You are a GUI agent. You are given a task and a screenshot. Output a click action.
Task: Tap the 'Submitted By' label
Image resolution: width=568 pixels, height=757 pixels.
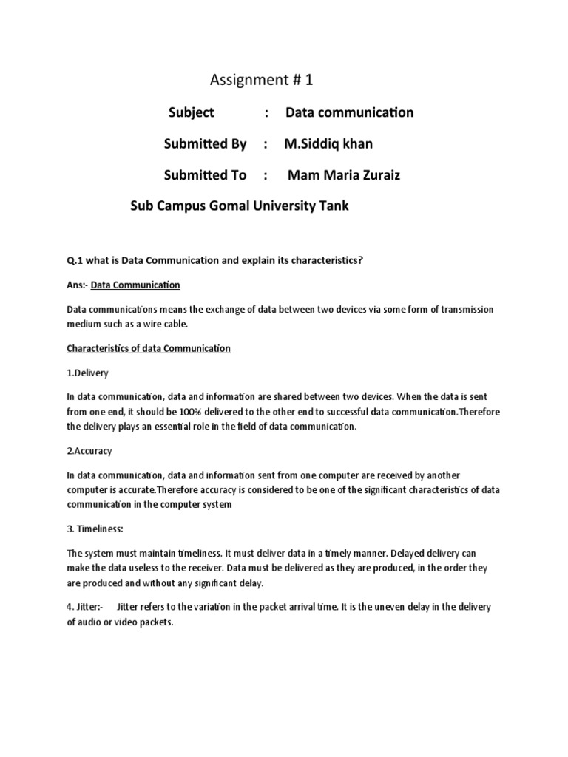(205, 143)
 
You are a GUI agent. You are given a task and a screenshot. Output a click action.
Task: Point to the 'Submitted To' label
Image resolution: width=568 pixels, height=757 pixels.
(205, 175)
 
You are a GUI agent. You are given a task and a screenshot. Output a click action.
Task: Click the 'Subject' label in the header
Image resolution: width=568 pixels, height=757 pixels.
(191, 112)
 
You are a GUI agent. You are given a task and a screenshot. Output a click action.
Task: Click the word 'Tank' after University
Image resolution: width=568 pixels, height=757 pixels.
(333, 206)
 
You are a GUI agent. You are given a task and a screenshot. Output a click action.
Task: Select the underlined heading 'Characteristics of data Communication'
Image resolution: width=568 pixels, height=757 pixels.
(149, 348)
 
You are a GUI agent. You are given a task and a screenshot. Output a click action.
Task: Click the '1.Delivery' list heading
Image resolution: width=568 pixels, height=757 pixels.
(87, 373)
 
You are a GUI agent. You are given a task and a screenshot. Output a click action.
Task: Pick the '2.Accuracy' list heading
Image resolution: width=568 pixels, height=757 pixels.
(89, 450)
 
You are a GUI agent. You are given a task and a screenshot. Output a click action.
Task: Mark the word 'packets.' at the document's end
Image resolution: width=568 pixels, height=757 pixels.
(154, 622)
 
